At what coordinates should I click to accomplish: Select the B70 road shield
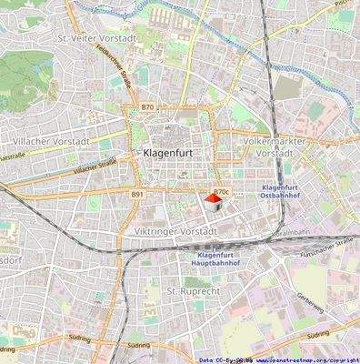pos(147,107)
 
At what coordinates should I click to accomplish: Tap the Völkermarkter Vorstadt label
pos(277,147)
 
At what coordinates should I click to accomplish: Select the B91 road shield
pos(136,194)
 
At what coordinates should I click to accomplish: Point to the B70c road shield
pos(221,193)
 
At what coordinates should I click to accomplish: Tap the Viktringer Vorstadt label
pos(173,231)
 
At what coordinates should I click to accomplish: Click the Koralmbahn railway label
pos(296,233)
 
